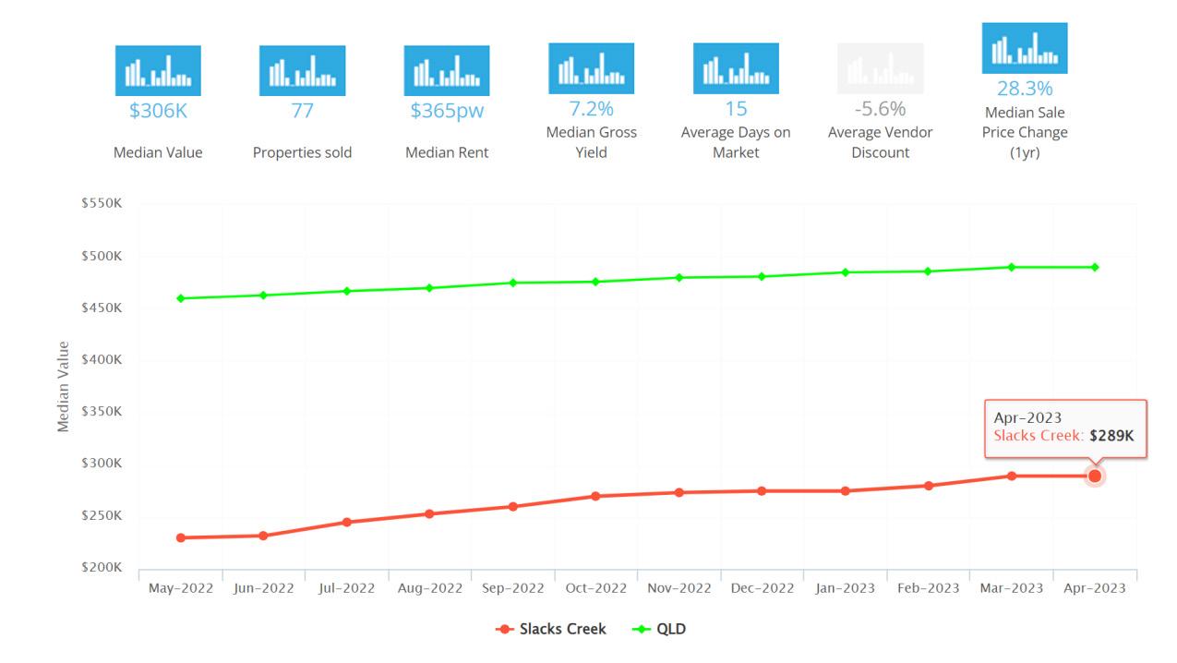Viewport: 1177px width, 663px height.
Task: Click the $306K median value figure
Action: point(158,111)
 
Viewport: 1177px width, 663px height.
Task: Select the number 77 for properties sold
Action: point(302,111)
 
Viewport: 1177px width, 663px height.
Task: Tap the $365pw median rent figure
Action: point(447,111)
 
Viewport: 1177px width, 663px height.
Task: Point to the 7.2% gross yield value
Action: point(591,109)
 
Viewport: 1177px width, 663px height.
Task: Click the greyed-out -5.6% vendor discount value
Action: point(880,109)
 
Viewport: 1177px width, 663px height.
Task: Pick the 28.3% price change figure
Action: point(1025,89)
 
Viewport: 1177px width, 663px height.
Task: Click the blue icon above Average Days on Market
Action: point(736,68)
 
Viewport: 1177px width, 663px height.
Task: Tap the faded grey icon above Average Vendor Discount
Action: point(880,68)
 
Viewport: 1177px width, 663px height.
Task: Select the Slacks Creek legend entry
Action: point(551,629)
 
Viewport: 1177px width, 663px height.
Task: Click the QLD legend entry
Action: point(659,629)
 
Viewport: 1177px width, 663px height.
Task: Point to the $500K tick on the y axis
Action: point(102,256)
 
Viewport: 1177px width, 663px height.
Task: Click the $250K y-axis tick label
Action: point(102,515)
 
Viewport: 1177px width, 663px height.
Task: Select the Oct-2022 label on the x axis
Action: point(595,588)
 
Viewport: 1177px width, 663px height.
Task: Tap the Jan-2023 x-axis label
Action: point(845,588)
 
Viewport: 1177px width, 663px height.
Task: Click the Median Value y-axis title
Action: point(63,387)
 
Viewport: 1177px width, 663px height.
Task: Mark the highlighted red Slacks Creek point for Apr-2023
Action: point(1095,476)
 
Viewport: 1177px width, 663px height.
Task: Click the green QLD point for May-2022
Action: point(181,298)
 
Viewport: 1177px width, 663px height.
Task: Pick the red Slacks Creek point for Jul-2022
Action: point(347,522)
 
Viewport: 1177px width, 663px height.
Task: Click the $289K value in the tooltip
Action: point(1111,436)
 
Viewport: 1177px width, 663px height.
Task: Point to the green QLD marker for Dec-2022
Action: point(762,276)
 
